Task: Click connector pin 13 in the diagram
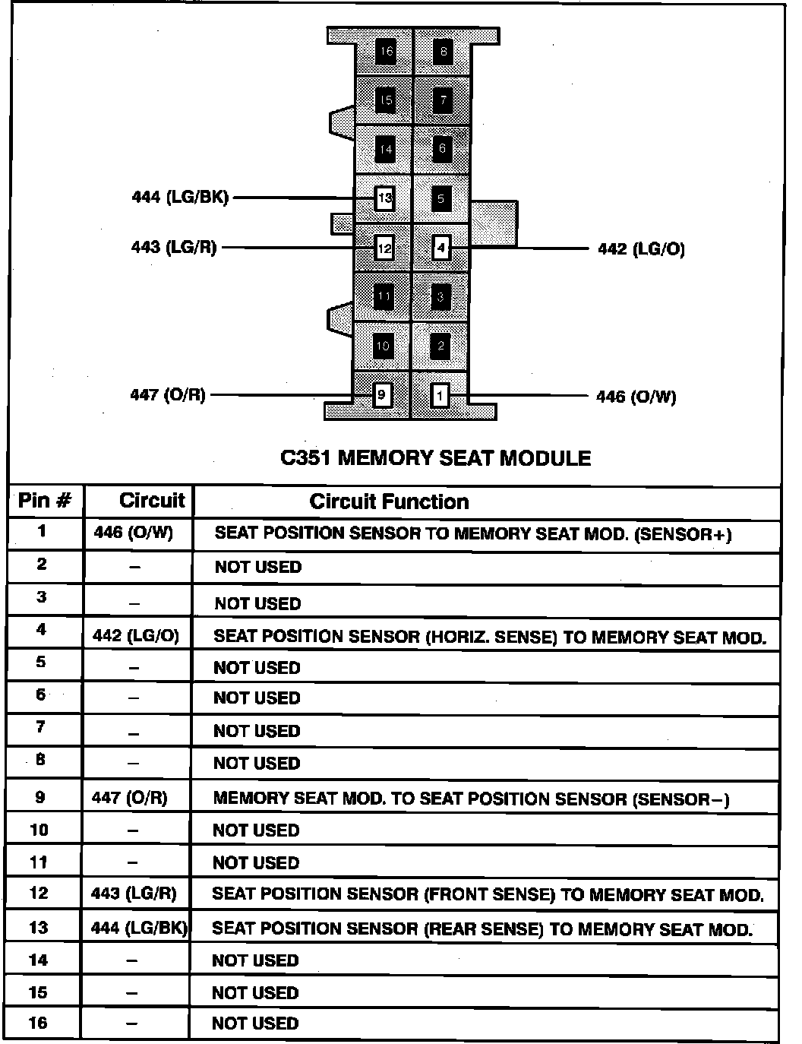tap(384, 199)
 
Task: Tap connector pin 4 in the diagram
tap(440, 248)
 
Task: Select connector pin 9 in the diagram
tap(382, 395)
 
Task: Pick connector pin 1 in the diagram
tap(440, 396)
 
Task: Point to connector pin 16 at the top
tap(386, 52)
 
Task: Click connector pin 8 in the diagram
tap(443, 52)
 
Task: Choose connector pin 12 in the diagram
tap(384, 248)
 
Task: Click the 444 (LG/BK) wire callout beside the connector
tap(180, 198)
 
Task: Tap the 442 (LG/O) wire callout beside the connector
tap(641, 249)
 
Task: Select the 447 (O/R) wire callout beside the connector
tap(168, 395)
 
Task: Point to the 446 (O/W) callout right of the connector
tap(636, 397)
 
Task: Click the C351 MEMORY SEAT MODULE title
tap(435, 458)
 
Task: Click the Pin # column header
tap(45, 501)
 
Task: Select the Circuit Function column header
tap(389, 501)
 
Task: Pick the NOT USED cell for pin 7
tap(257, 731)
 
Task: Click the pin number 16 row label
tap(38, 1023)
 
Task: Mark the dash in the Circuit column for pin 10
tap(133, 831)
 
